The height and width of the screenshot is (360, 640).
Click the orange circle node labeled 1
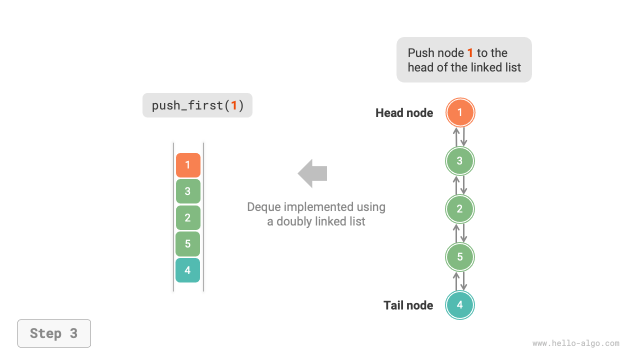click(460, 112)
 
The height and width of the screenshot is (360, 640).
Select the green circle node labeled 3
click(460, 161)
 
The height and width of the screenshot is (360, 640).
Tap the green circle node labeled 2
click(460, 209)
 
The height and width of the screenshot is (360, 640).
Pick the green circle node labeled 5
click(460, 257)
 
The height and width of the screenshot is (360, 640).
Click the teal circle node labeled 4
click(460, 305)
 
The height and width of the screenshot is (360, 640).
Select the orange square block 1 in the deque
click(188, 165)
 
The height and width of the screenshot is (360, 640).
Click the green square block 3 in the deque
click(188, 191)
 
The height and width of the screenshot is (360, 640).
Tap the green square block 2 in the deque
click(188, 217)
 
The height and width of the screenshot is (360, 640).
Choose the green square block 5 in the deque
click(188, 244)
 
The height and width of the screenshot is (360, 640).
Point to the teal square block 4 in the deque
click(188, 270)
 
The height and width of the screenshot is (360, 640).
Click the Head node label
click(404, 113)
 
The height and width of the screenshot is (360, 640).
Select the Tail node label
click(408, 305)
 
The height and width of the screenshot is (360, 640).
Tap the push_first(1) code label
click(197, 105)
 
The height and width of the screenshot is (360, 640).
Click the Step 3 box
click(54, 333)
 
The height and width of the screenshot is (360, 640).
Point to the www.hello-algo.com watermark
click(575, 343)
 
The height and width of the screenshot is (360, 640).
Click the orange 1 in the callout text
click(470, 53)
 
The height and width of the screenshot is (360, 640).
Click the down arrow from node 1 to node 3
click(464, 137)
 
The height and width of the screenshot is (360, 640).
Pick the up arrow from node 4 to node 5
click(456, 281)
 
